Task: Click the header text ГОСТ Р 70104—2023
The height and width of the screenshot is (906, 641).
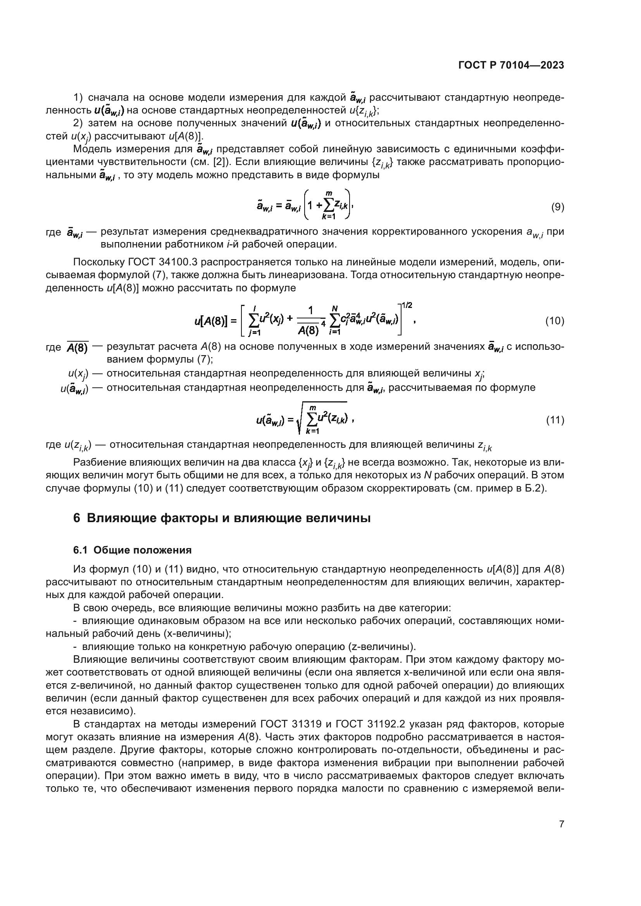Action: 511,65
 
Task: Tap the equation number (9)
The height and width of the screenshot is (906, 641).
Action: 557,207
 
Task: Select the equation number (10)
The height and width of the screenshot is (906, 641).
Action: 555,321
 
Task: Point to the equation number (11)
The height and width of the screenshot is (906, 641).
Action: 555,421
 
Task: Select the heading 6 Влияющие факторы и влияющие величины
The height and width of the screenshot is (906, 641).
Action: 222,518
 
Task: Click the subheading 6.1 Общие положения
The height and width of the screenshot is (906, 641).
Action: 132,550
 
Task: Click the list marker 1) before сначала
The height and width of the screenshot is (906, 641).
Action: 78,98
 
